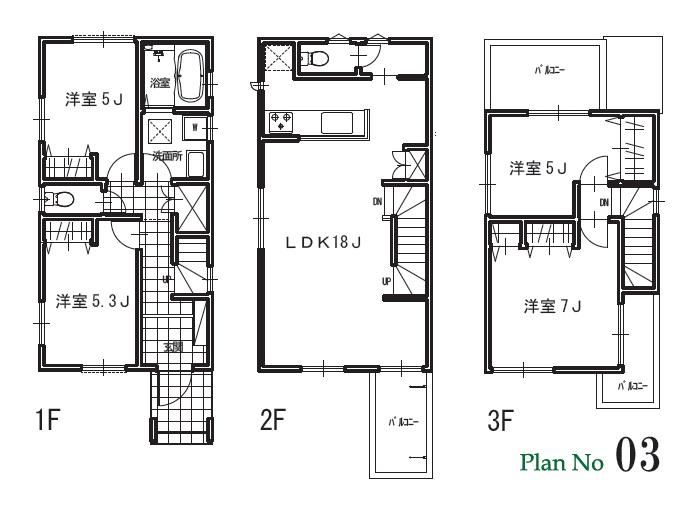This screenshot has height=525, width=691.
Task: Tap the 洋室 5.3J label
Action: [x=93, y=299]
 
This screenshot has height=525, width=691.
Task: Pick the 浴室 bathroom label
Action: [x=160, y=83]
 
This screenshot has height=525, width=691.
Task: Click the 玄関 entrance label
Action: [x=173, y=347]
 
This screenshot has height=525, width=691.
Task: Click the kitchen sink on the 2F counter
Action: [x=334, y=122]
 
